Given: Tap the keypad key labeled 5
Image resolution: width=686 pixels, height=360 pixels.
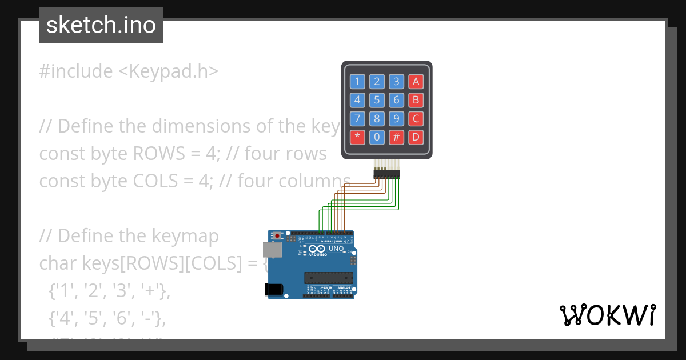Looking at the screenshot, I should [377, 100].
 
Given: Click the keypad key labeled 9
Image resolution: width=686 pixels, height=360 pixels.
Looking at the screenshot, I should [396, 119].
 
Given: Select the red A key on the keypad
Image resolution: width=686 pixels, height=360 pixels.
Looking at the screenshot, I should [416, 81].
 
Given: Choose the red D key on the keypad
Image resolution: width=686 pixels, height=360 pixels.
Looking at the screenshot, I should [416, 137].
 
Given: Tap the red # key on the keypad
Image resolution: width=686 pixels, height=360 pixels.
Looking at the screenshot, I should [396, 137].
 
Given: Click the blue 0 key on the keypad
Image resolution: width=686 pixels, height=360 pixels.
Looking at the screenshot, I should [377, 137].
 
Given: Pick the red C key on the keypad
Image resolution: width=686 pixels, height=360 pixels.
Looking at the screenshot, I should [416, 119].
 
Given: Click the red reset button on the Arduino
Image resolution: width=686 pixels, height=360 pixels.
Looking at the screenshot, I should [278, 235].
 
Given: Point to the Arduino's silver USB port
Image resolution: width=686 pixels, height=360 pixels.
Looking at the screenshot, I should [273, 250].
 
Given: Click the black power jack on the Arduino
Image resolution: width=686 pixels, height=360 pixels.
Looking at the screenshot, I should [274, 290].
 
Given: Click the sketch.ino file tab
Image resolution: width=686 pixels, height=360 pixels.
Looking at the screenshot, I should [101, 25].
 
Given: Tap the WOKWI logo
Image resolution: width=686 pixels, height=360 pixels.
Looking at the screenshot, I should [607, 315].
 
